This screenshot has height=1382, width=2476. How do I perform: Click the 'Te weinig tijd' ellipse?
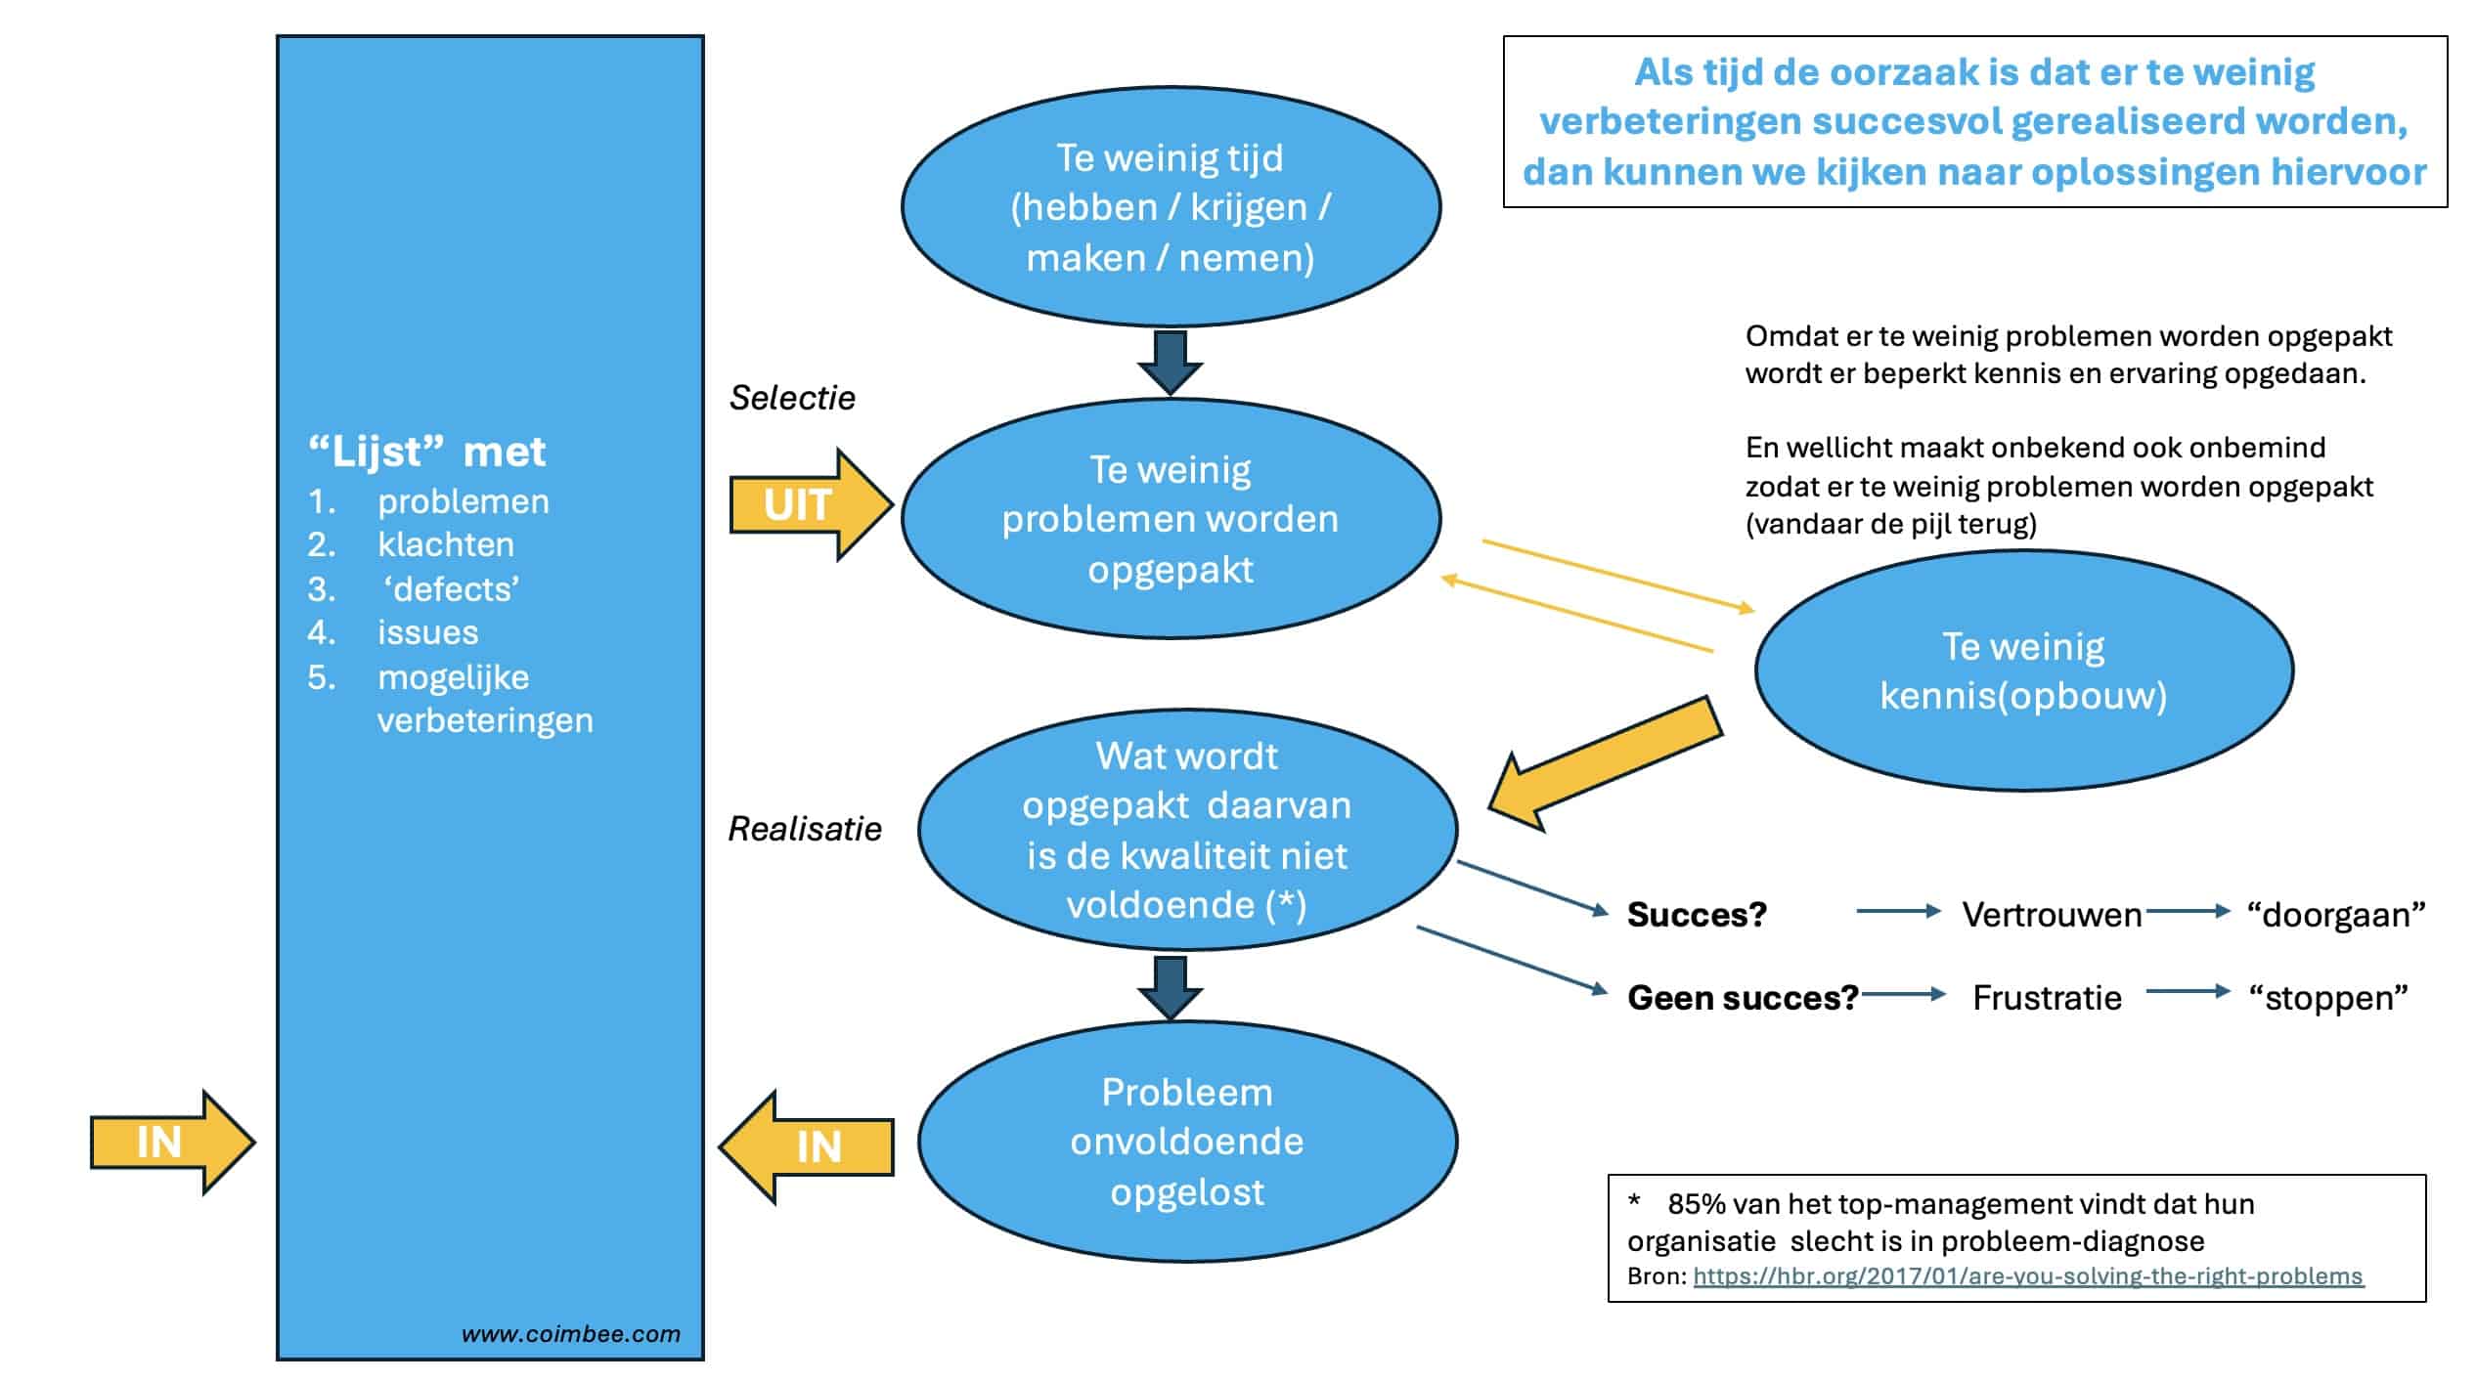1170,207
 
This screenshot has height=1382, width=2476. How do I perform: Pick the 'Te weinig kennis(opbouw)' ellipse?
2023,670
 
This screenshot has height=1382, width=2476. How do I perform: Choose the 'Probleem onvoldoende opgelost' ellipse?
1187,1142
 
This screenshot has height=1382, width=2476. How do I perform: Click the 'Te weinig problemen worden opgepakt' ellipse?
1170,519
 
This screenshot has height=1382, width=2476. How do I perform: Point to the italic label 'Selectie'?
792,398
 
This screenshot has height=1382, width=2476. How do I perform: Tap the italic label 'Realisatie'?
805,829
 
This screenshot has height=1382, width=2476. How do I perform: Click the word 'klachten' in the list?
446,544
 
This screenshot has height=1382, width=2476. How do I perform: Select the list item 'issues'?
428,632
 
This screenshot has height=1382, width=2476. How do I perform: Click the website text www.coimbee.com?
571,1334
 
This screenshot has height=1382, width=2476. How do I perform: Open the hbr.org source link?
2027,1276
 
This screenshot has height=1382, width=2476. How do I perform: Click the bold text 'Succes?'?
1697,915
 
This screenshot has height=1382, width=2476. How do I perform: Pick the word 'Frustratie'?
2047,998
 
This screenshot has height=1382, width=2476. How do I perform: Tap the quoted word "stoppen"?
2327,998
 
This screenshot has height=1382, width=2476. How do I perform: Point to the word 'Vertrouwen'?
2052,915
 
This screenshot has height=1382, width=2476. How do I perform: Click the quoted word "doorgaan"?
2335,915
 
